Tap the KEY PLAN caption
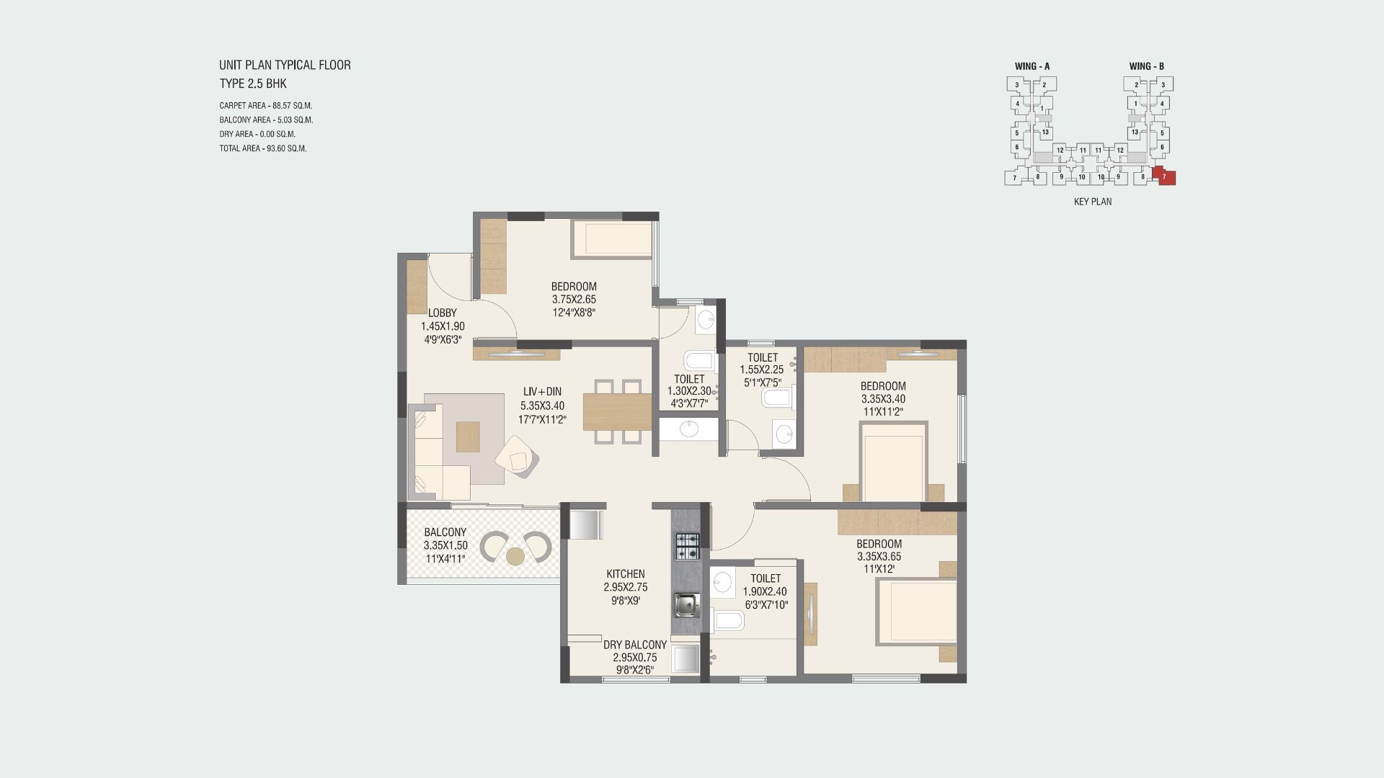[1093, 202]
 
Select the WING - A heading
[1032, 66]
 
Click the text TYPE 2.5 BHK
[253, 84]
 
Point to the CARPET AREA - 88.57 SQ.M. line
[266, 105]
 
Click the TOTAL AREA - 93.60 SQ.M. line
[263, 148]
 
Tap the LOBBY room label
[443, 313]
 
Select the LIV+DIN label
[543, 392]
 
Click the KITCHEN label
[626, 574]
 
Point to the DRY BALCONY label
[635, 645]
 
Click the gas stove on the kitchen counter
[686, 547]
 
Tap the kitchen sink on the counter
[686, 605]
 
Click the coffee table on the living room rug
[467, 437]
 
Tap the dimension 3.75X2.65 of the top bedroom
[574, 300]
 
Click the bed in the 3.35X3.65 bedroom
[917, 611]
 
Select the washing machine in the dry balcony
[686, 659]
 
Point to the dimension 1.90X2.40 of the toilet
[765, 592]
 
